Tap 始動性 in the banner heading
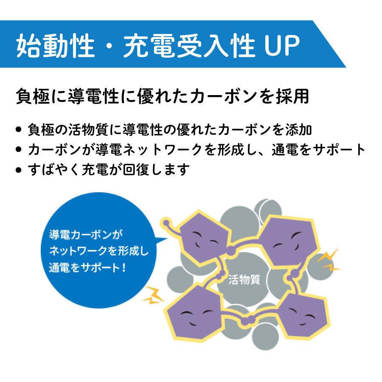pos(55,45)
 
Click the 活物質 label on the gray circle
pos(244,279)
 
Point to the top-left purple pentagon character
pos(203,238)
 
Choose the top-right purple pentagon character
pos(287,241)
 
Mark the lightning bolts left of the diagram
pos(153,295)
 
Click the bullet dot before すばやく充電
pos(18,170)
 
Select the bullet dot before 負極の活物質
pos(18,129)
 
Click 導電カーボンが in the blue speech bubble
pos(86,235)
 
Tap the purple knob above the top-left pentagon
pos(166,223)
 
